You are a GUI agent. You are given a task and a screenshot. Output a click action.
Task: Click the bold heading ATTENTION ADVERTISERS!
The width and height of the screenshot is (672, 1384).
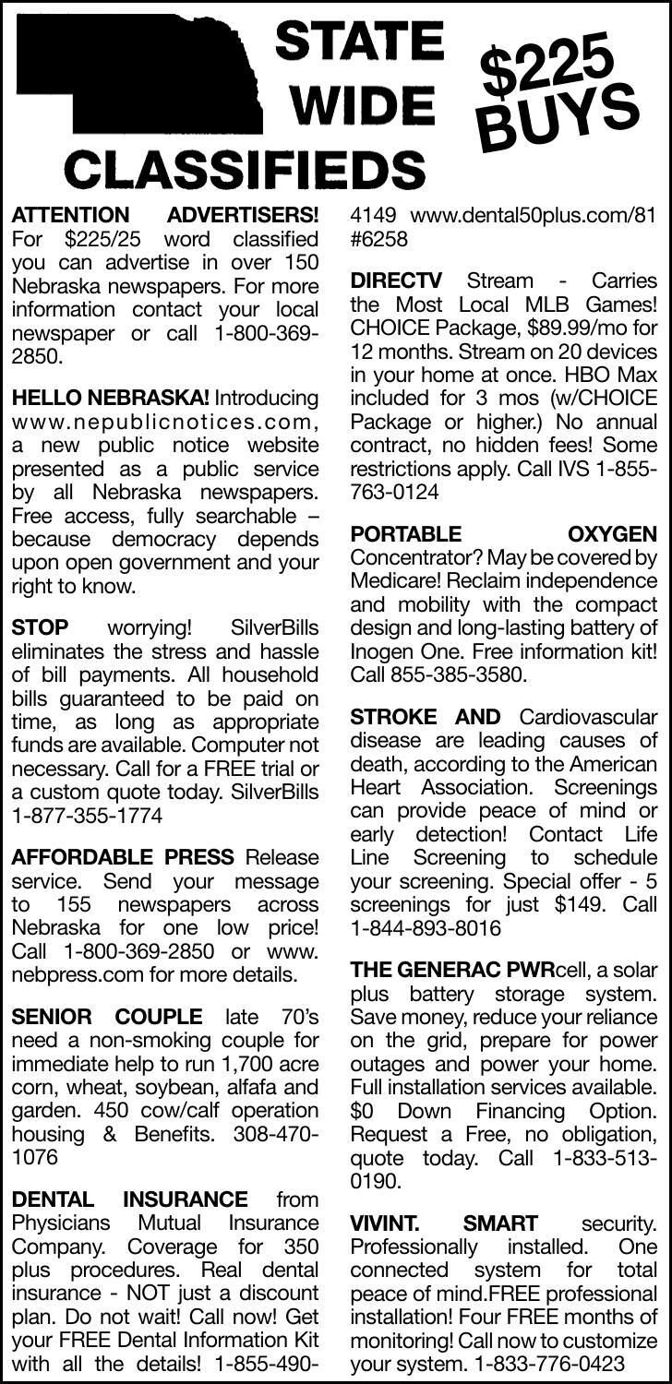(164, 216)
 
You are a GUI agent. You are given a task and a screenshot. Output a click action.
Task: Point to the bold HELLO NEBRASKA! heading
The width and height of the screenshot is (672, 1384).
(110, 399)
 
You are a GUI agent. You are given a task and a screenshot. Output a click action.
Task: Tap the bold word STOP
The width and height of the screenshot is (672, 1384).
(39, 628)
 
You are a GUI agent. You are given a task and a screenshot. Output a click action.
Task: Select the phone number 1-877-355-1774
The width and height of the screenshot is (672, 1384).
(86, 816)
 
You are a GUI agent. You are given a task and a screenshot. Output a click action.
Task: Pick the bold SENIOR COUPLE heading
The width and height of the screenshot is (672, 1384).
(106, 1018)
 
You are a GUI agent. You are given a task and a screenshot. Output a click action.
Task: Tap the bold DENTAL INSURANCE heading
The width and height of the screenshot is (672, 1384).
(128, 1199)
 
